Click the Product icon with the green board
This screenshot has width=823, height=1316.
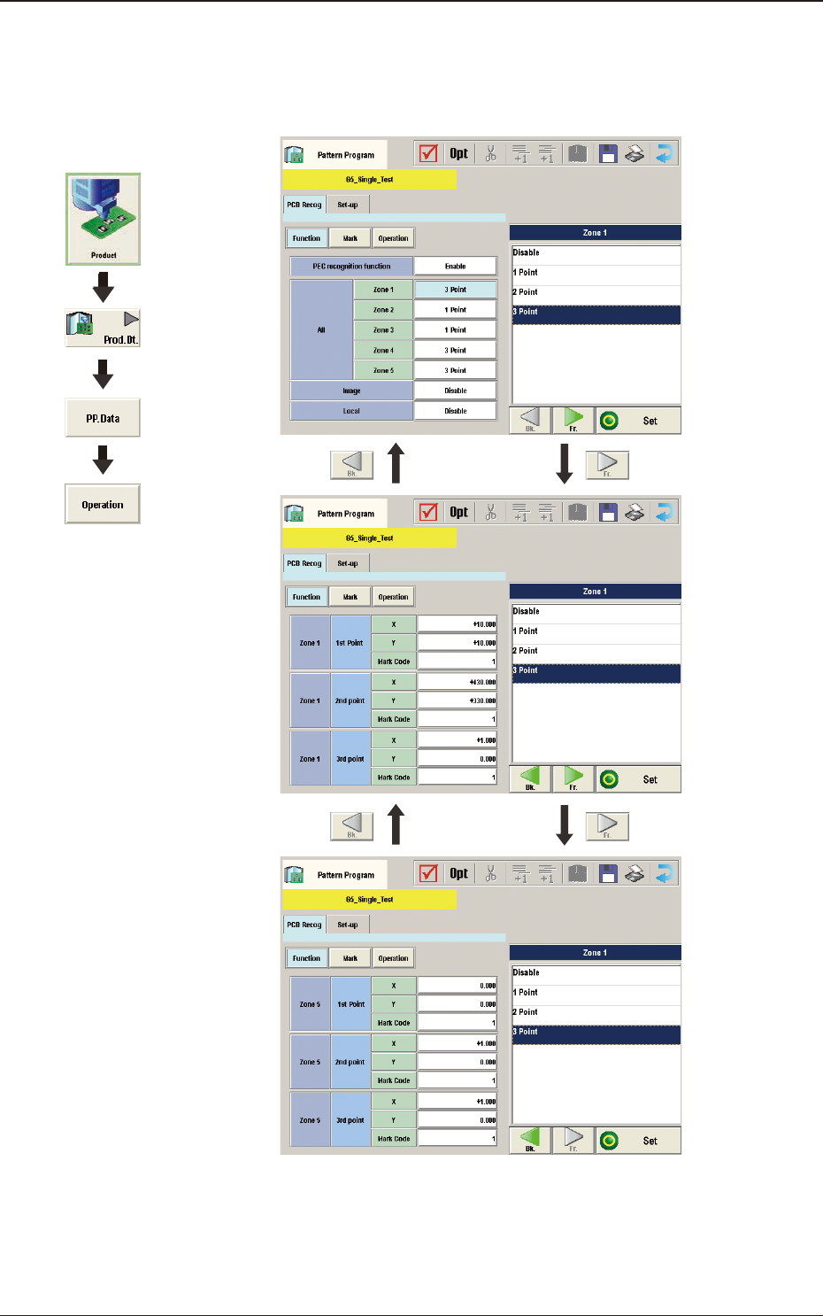(x=103, y=218)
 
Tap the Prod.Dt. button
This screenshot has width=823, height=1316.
(x=103, y=328)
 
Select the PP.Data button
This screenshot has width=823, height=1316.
(x=103, y=418)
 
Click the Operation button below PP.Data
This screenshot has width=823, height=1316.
(x=103, y=504)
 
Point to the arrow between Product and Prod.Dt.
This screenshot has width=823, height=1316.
(x=103, y=287)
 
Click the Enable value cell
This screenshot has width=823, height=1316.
(x=455, y=266)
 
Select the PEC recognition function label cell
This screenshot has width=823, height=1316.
(x=351, y=266)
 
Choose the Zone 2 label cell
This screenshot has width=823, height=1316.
(x=383, y=310)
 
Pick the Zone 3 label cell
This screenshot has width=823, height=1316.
(x=383, y=330)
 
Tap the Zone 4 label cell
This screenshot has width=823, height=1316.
(x=383, y=351)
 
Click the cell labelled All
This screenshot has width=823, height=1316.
(x=321, y=330)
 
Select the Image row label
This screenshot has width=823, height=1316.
(x=351, y=391)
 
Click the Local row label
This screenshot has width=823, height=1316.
(x=351, y=411)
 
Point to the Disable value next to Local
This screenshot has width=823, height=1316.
(x=455, y=411)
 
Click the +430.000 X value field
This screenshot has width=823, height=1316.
(x=457, y=683)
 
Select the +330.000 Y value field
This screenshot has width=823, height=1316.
(x=457, y=701)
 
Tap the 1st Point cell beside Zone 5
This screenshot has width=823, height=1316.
(x=350, y=1004)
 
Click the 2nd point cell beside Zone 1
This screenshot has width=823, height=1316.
(x=350, y=701)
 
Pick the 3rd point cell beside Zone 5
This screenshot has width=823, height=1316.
(x=350, y=1120)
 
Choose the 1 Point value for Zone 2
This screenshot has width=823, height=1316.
(x=455, y=310)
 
